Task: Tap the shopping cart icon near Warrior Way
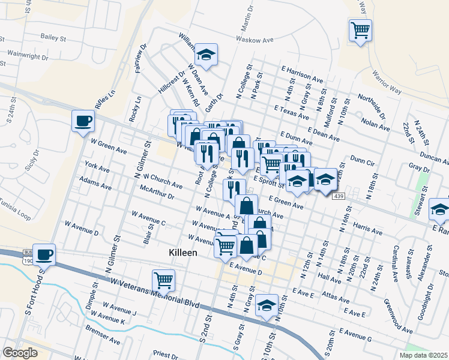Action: tap(360, 29)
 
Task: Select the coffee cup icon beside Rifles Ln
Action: tap(83, 121)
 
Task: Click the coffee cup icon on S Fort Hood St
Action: tap(44, 254)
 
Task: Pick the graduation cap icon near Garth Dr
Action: tap(206, 55)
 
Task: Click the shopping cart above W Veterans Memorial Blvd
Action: tap(164, 280)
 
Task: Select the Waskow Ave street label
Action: tap(255, 40)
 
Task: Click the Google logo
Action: tap(20, 352)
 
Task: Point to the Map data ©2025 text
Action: tap(424, 355)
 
